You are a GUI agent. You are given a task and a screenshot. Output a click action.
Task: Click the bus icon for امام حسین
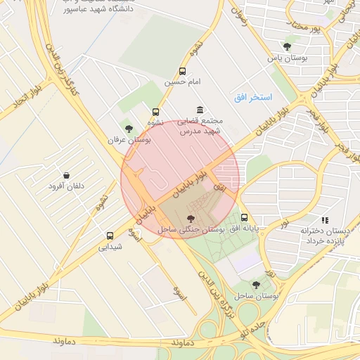[183, 71]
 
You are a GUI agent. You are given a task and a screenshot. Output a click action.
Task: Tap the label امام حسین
[183, 82]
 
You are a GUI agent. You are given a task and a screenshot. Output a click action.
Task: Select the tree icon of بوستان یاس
[287, 46]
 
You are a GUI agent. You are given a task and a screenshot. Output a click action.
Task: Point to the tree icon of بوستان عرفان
[128, 128]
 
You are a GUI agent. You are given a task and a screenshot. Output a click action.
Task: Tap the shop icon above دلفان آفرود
[66, 175]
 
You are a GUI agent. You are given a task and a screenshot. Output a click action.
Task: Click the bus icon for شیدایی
[110, 236]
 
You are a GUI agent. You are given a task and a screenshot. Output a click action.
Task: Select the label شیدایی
[110, 247]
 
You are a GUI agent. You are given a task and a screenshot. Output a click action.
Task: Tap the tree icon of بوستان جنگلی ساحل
[191, 219]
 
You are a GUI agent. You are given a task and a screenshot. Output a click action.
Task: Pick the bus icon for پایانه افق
[244, 217]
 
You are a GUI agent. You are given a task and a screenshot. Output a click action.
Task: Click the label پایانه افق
[246, 229]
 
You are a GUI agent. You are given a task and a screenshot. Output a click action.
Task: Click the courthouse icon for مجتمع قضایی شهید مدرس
[200, 110]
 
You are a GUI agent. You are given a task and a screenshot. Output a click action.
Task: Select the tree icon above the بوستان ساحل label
[256, 285]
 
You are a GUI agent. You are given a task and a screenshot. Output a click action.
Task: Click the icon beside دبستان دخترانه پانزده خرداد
[324, 220]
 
